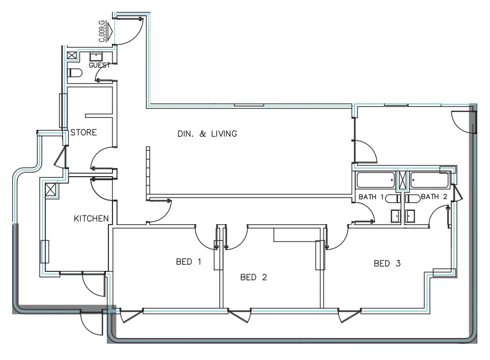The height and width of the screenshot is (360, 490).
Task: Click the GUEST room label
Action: tap(100, 65)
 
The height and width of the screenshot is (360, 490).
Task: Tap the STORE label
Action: tap(83, 132)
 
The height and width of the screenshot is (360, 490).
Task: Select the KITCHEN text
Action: tap(92, 218)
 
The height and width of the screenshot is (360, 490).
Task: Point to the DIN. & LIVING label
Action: tap(207, 134)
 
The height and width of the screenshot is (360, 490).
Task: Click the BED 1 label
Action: tap(189, 262)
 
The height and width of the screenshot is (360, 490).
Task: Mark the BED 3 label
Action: tap(387, 263)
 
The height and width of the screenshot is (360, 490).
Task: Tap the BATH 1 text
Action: tap(371, 197)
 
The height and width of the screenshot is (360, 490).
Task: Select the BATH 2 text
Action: tap(434, 197)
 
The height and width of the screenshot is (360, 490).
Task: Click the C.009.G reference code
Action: tap(102, 31)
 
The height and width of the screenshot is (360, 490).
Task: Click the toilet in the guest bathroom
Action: tap(74, 73)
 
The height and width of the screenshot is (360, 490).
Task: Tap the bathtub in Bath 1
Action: tap(376, 181)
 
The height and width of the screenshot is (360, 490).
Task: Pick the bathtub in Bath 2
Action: tap(430, 181)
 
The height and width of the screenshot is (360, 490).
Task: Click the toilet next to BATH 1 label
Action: tap(394, 198)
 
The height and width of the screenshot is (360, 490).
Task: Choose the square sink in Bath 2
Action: tap(411, 216)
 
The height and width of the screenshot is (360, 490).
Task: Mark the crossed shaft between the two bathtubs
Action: tap(402, 181)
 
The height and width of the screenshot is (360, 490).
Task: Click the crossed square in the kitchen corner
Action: tap(51, 190)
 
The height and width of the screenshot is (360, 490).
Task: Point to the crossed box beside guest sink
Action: tap(72, 56)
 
